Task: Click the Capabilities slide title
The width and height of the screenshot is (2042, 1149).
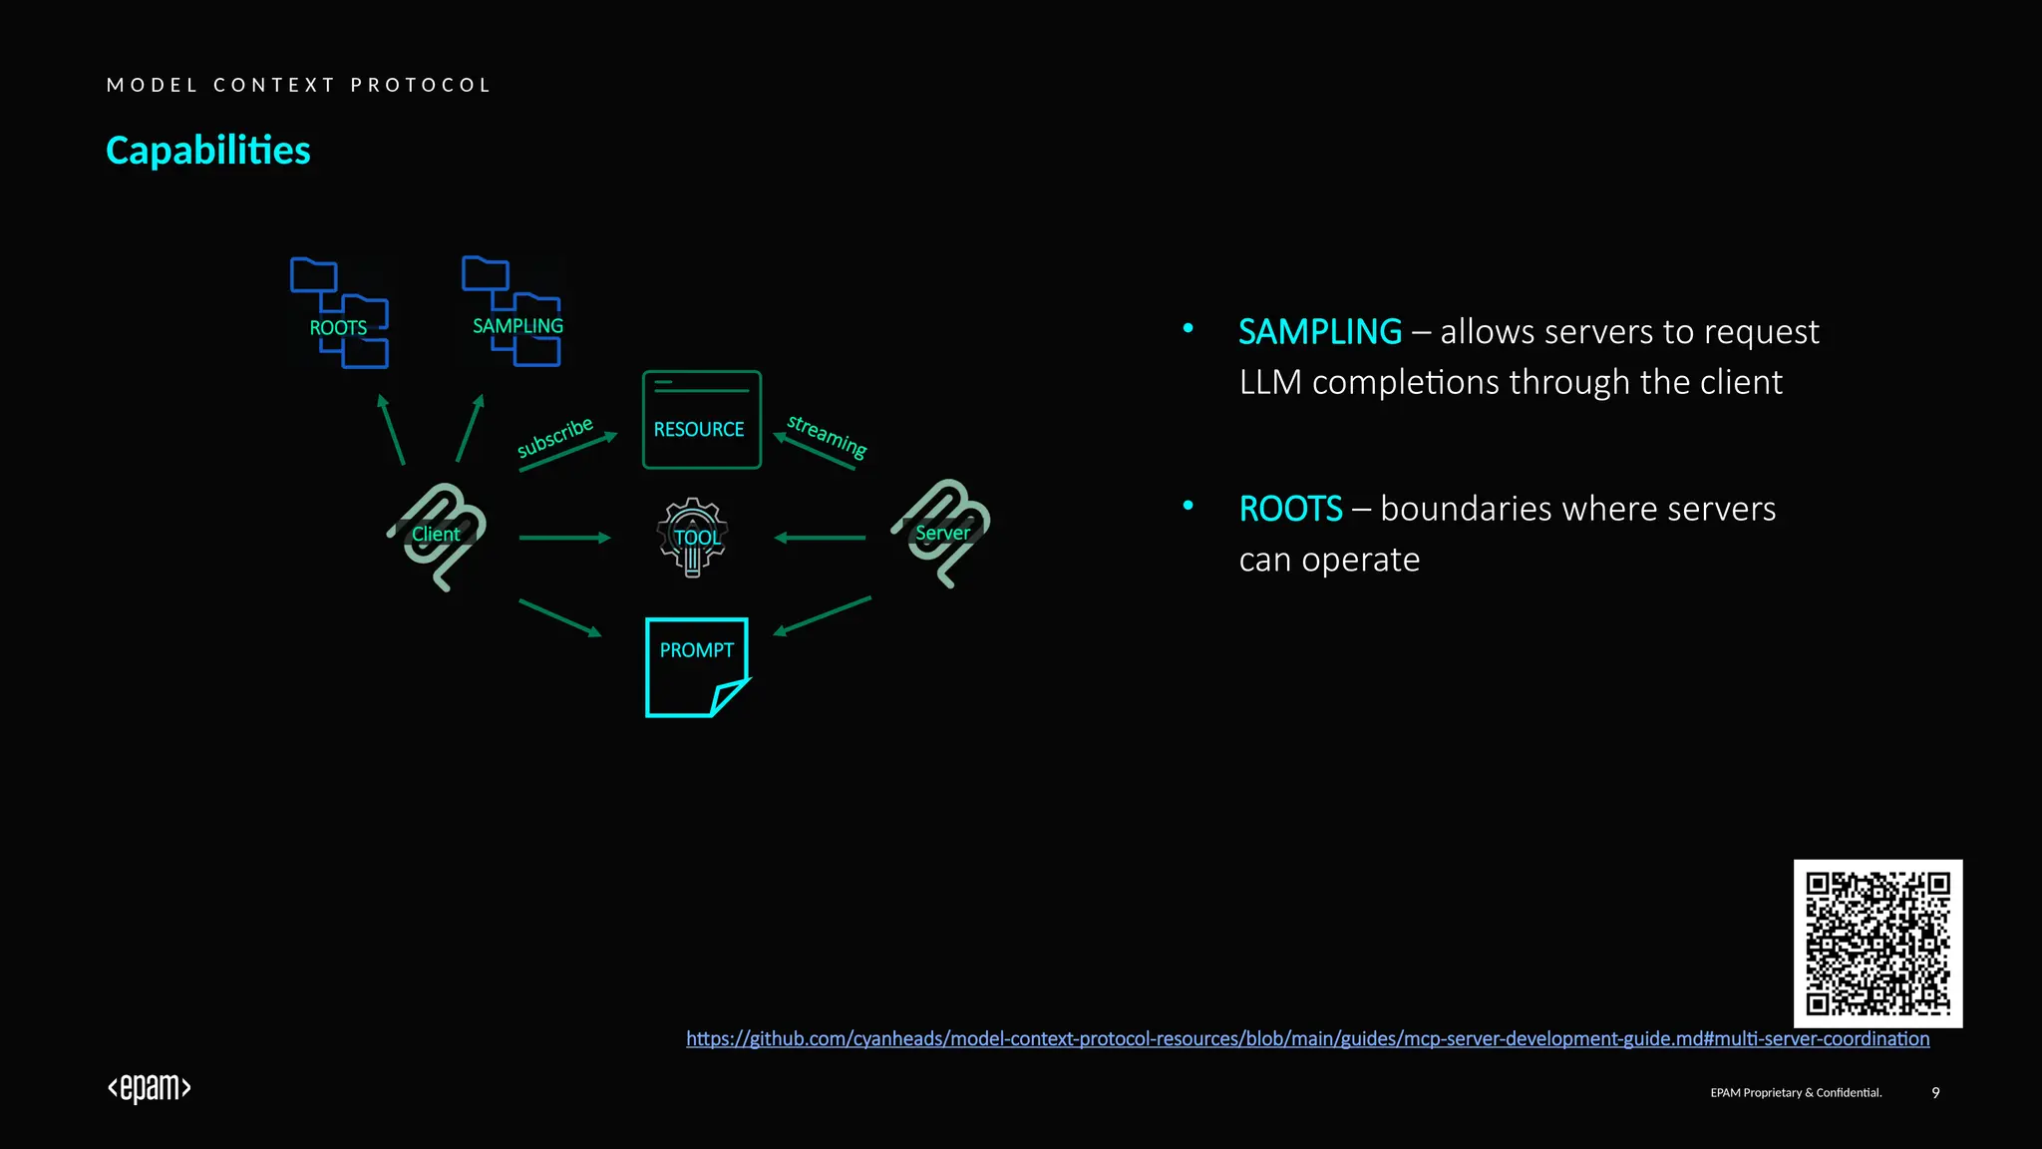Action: [207, 151]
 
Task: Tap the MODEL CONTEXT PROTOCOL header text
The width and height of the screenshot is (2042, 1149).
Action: [299, 85]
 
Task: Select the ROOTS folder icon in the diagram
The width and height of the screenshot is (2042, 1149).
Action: [339, 313]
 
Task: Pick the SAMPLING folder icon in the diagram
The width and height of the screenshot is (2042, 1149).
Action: [512, 311]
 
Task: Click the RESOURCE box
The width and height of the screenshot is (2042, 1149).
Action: [701, 420]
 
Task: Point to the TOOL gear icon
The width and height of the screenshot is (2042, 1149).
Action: [693, 538]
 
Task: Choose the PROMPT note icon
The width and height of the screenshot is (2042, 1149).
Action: [697, 666]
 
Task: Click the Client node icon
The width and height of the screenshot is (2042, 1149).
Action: [437, 536]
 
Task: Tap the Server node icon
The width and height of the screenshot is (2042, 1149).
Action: [941, 533]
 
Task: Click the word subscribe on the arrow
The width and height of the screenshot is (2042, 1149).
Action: [554, 437]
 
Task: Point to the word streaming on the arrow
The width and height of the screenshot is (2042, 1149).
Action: [827, 436]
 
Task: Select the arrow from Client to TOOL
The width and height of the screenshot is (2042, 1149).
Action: [564, 538]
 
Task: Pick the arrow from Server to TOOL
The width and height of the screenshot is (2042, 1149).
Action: [820, 538]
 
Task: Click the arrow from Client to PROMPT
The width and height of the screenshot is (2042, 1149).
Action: [559, 617]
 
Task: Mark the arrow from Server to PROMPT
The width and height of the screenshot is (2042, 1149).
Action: [823, 615]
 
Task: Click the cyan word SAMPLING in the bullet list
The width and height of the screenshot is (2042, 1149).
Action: [1319, 332]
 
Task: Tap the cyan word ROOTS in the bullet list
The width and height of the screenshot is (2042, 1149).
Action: [1290, 509]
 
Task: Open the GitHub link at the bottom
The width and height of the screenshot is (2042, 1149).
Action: [1307, 1039]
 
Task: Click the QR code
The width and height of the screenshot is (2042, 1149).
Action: [1877, 944]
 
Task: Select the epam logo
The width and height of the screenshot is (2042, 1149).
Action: [150, 1088]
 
